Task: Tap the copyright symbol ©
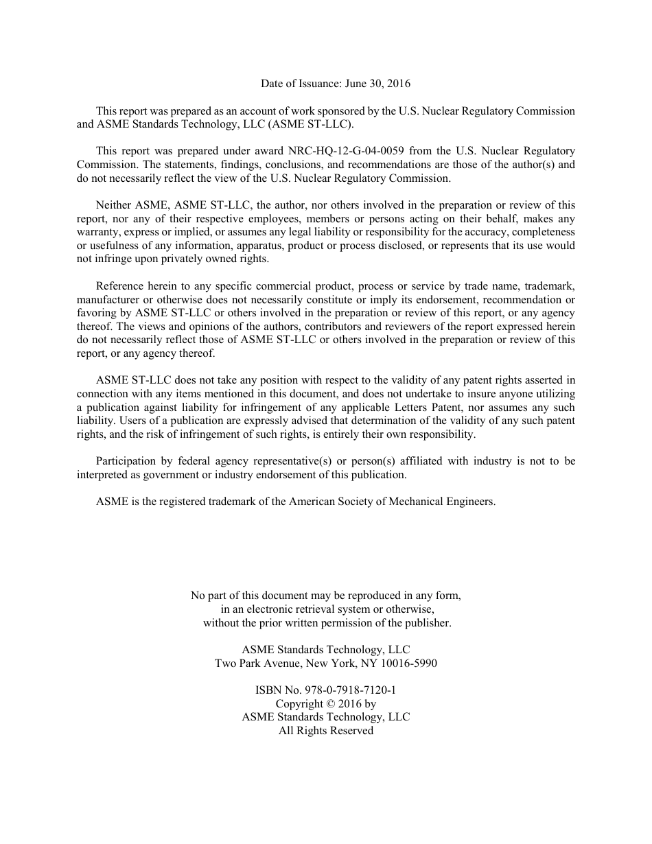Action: (329, 704)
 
